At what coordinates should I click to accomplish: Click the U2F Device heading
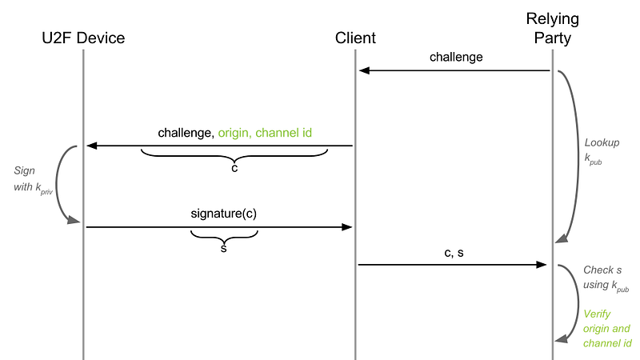(83, 38)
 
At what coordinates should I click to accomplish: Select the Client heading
(355, 38)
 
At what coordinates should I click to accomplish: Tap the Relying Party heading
(552, 28)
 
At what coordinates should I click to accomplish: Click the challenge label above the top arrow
(456, 57)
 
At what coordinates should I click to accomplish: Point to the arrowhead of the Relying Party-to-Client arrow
(364, 70)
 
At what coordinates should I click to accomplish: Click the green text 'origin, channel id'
(265, 133)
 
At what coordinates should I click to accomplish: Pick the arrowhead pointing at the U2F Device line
(91, 146)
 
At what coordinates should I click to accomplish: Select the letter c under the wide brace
(234, 168)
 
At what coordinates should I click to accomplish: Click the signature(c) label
(224, 214)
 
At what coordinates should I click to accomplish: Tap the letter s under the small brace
(224, 248)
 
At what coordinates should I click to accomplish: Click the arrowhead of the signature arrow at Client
(347, 227)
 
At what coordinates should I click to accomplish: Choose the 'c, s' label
(454, 253)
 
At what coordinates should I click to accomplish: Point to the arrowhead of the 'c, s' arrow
(542, 265)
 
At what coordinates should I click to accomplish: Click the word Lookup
(602, 142)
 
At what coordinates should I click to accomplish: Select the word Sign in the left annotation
(25, 170)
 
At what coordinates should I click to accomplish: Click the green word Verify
(597, 314)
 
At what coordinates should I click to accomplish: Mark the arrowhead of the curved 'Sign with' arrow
(74, 221)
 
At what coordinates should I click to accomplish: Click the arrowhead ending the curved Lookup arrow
(562, 238)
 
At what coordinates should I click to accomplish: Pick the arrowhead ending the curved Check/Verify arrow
(562, 338)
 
